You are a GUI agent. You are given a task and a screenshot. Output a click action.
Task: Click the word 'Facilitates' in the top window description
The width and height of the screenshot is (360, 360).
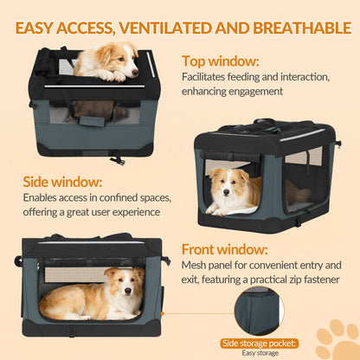tap(205, 78)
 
